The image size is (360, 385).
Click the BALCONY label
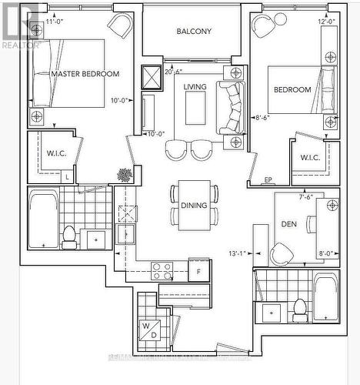tap(193, 32)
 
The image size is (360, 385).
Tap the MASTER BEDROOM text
tap(85, 74)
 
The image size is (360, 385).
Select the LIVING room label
tap(195, 87)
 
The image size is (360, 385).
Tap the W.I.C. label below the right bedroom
tap(310, 158)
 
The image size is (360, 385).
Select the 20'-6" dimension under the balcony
tap(174, 72)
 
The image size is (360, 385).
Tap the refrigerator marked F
tap(199, 271)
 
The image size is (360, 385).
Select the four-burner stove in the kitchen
tap(162, 271)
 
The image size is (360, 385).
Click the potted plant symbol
tap(124, 176)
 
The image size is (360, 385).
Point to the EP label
tap(268, 180)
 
